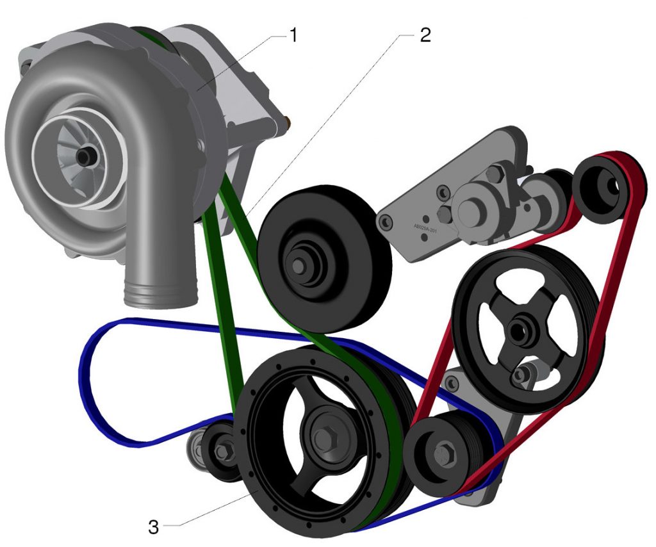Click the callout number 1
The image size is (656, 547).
pyautogui.click(x=293, y=35)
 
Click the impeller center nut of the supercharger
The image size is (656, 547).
pyautogui.click(x=83, y=155)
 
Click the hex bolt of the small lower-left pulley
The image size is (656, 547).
pyautogui.click(x=222, y=452)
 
